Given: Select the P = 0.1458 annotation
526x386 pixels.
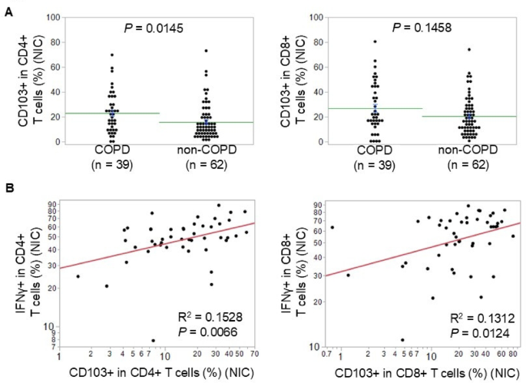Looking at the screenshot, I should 421,28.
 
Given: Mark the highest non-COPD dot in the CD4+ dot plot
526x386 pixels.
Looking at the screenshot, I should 206,51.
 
